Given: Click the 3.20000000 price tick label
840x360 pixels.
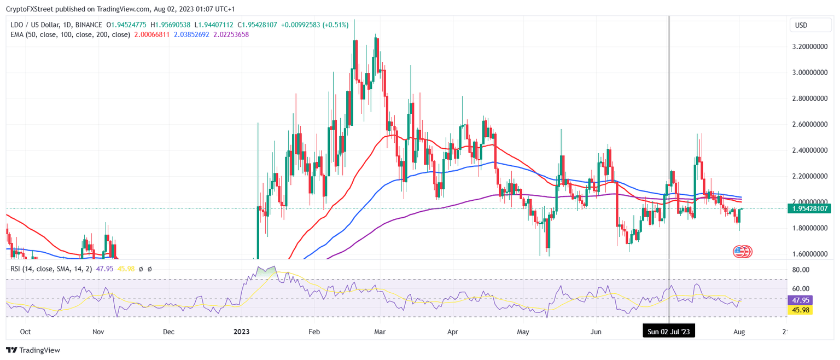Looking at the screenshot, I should pyautogui.click(x=810, y=47).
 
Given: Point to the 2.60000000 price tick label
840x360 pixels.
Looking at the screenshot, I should pyautogui.click(x=810, y=124).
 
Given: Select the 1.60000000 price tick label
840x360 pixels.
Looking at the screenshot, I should pyautogui.click(x=810, y=254).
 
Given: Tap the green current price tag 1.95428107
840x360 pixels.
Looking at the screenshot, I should pyautogui.click(x=810, y=208).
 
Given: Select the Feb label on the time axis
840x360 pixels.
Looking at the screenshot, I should pyautogui.click(x=313, y=332).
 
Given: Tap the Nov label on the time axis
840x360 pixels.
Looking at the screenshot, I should pyautogui.click(x=98, y=332).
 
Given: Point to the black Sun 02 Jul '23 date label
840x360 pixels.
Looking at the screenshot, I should pyautogui.click(x=669, y=332).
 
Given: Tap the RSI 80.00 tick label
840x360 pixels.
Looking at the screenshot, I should pyautogui.click(x=801, y=270).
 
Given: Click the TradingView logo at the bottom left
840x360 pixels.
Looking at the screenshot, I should pyautogui.click(x=33, y=350).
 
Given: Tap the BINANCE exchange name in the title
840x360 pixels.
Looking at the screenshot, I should pyautogui.click(x=89, y=25).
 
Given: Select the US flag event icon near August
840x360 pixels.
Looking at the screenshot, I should pyautogui.click(x=739, y=252).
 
